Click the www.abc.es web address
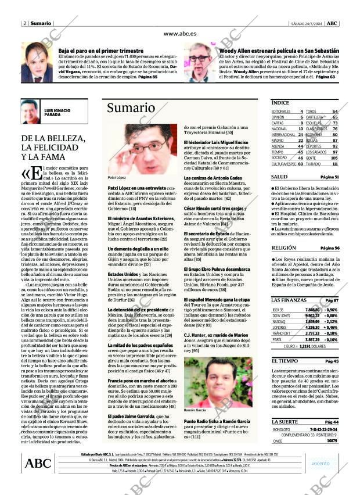click(179, 34)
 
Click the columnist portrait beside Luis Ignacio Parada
click(31, 111)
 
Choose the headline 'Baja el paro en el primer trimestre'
click(96, 51)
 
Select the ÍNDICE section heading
click(280, 102)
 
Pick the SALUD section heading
click(279, 176)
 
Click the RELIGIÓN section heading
click(284, 247)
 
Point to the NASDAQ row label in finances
click(279, 321)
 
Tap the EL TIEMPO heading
click(285, 361)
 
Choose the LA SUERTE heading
click(285, 421)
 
